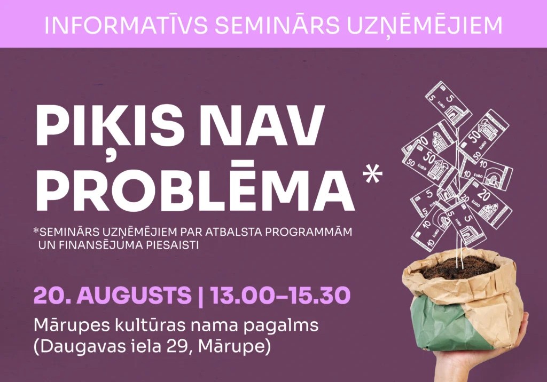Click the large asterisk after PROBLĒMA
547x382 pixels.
(x=372, y=174)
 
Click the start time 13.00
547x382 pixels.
(x=241, y=295)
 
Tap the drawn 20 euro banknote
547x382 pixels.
(x=487, y=202)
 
